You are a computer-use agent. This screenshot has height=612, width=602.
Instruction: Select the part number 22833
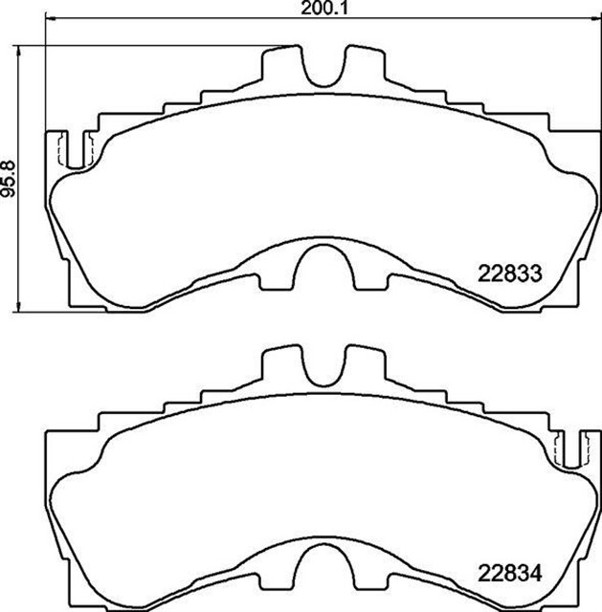click(510, 273)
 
